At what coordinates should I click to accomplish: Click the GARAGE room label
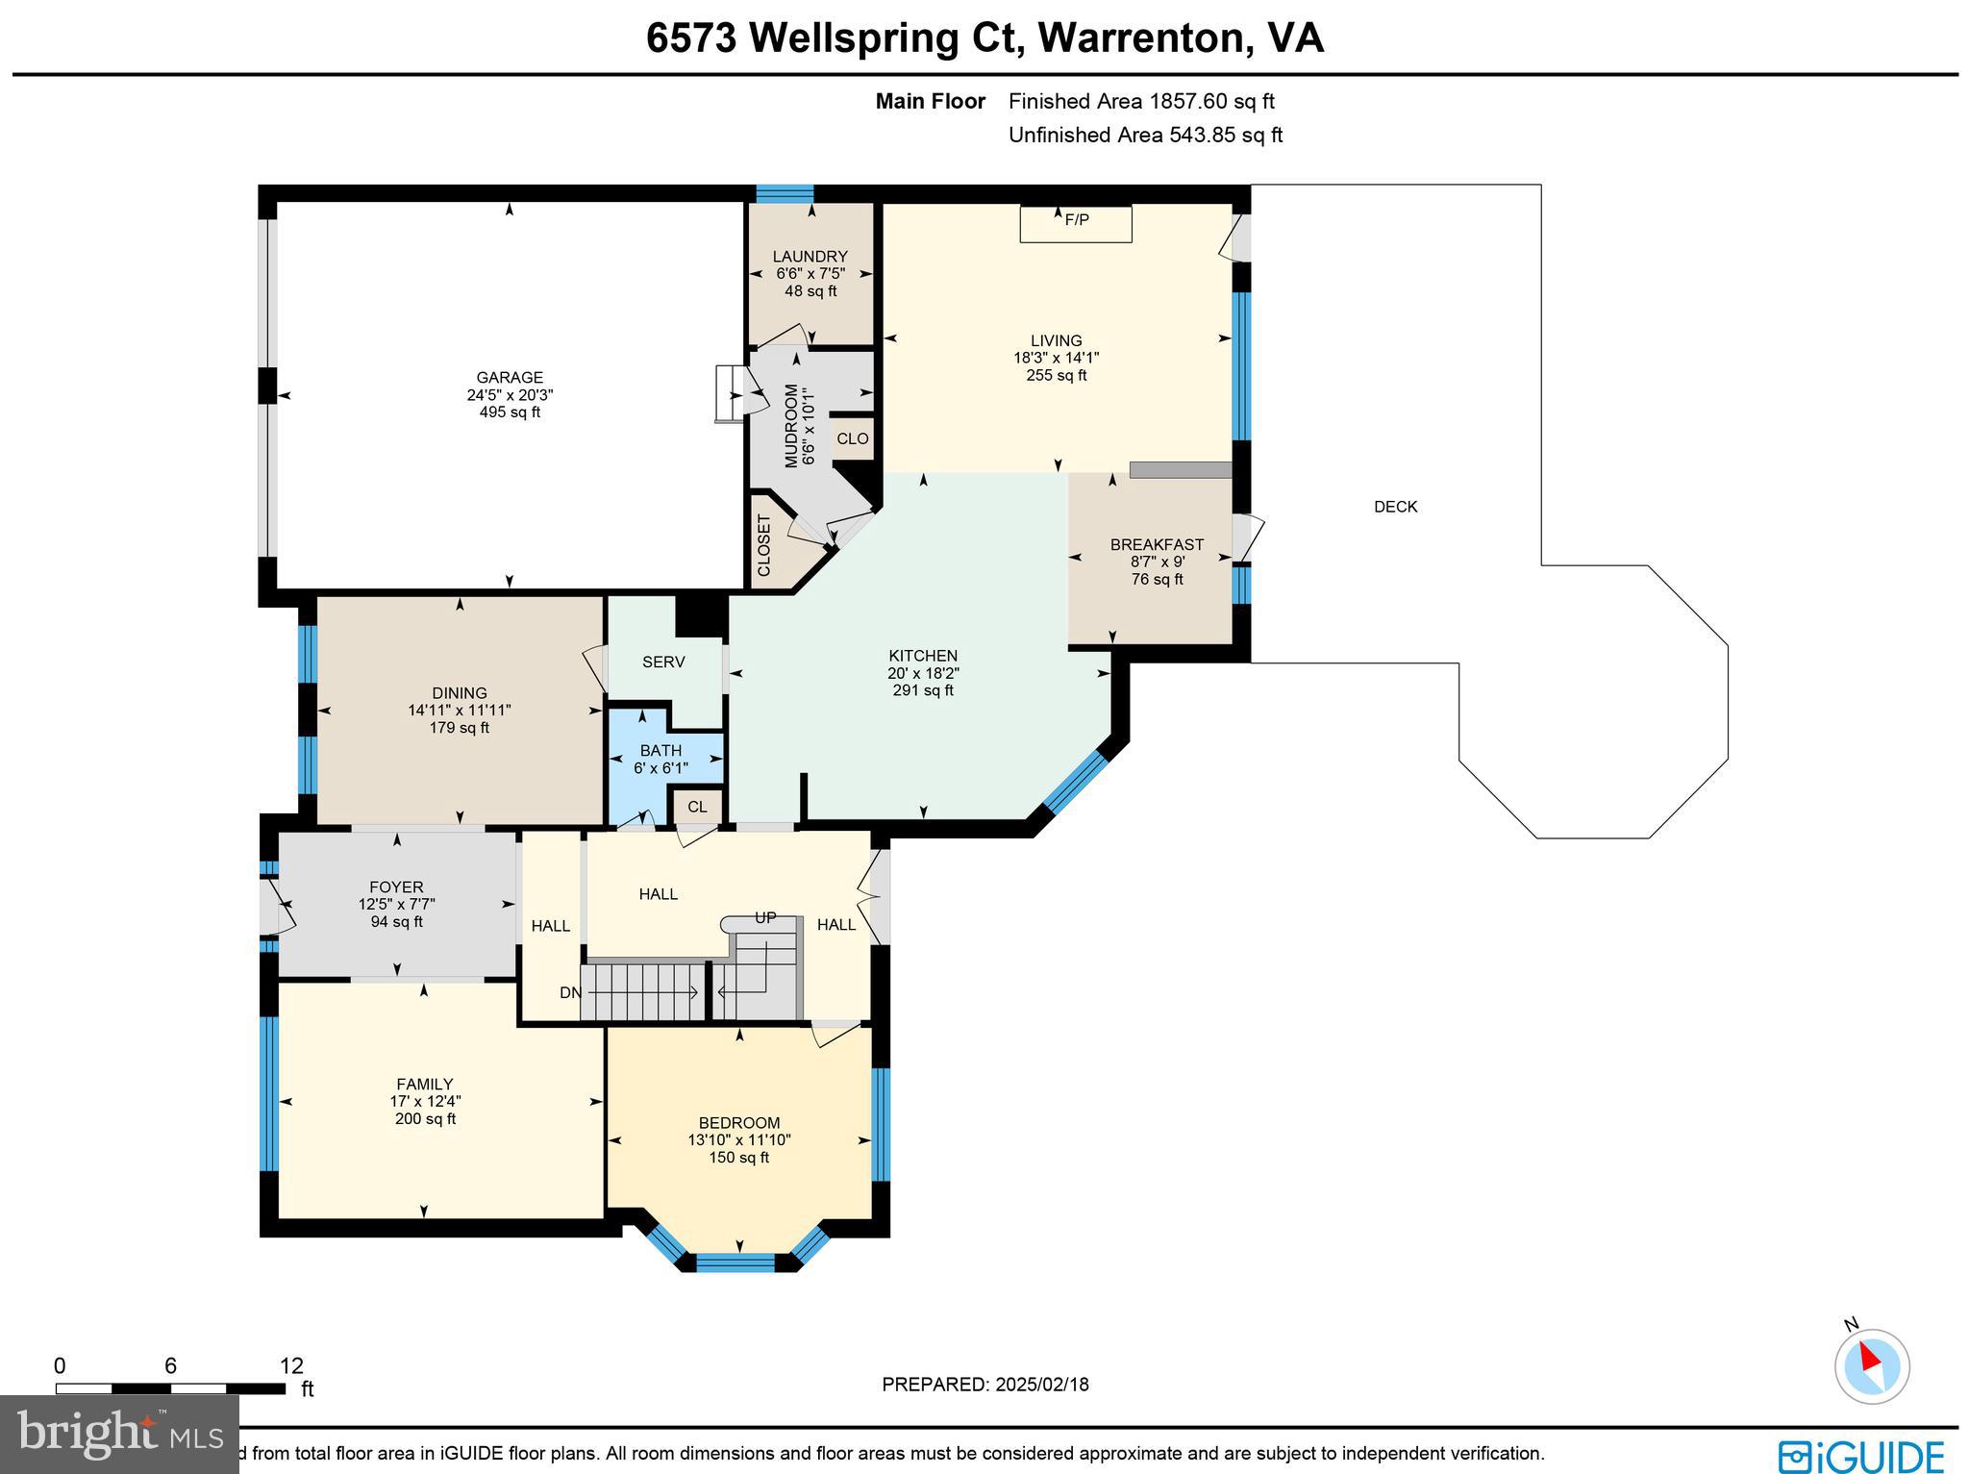point(510,378)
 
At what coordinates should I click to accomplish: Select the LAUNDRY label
point(810,257)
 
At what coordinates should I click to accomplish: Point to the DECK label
point(1395,507)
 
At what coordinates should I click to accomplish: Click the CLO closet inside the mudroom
point(852,438)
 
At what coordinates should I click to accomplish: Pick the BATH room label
point(660,751)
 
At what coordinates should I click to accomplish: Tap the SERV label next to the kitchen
point(663,662)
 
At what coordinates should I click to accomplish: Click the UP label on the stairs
point(765,918)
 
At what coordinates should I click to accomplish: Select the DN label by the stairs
point(570,992)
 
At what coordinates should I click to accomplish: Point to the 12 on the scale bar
point(291,1366)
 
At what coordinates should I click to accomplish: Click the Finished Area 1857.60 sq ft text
point(1141,101)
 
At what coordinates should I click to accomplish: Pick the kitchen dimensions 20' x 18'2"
point(923,673)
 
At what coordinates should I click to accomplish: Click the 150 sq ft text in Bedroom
point(738,1158)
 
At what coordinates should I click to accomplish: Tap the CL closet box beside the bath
point(697,807)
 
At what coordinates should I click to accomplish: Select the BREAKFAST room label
point(1157,544)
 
